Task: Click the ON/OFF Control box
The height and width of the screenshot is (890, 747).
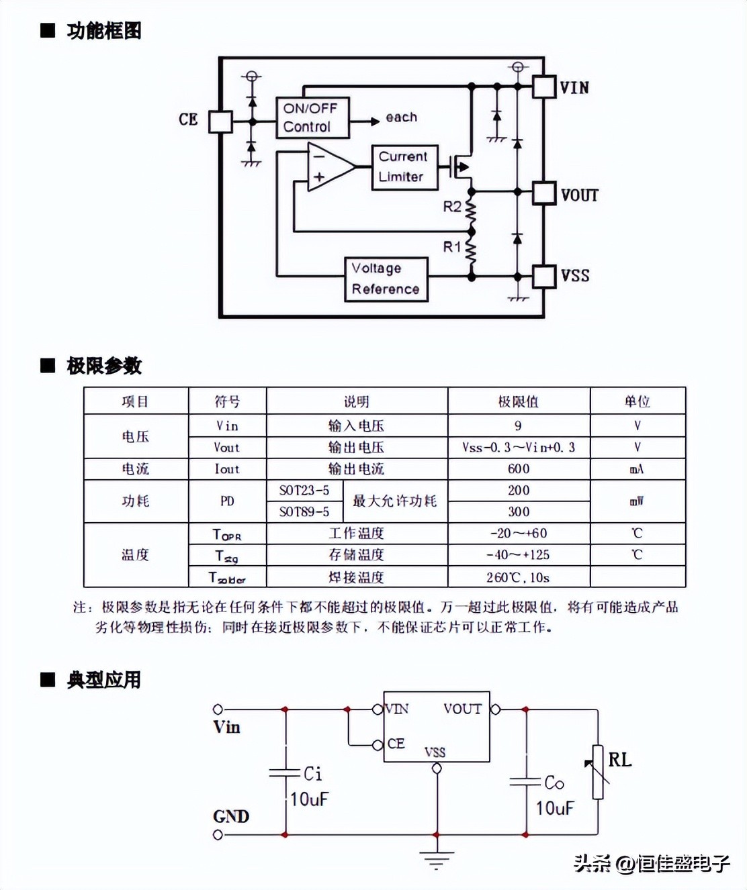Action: tap(312, 117)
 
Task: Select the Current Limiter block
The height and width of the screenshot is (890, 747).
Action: tap(404, 166)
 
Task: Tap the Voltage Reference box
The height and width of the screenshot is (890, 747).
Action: tap(386, 279)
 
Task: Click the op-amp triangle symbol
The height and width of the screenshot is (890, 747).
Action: tap(328, 167)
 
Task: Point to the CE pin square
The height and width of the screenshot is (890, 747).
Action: tap(220, 121)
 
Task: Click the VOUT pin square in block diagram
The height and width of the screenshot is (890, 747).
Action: tap(544, 193)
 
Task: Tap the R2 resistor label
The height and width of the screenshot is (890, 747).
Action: tap(451, 206)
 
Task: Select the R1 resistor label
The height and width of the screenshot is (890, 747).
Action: tap(451, 246)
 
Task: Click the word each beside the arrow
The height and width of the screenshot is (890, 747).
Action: tap(401, 117)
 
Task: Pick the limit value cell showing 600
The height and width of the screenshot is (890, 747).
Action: tap(519, 468)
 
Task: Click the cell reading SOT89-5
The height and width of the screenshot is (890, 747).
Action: tap(304, 511)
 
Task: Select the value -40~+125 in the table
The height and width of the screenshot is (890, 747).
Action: tap(519, 554)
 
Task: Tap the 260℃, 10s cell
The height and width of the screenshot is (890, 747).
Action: tap(519, 577)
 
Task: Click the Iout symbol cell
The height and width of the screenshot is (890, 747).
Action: tap(227, 468)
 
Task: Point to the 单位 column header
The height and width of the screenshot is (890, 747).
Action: tap(637, 401)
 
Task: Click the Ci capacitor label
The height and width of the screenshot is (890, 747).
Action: tap(312, 774)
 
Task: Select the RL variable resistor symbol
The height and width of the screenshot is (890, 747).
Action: tap(597, 772)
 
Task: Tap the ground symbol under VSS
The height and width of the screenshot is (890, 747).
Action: tap(437, 859)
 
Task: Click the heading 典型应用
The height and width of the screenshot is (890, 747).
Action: tap(103, 679)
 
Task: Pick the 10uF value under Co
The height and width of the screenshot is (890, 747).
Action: tap(554, 807)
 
